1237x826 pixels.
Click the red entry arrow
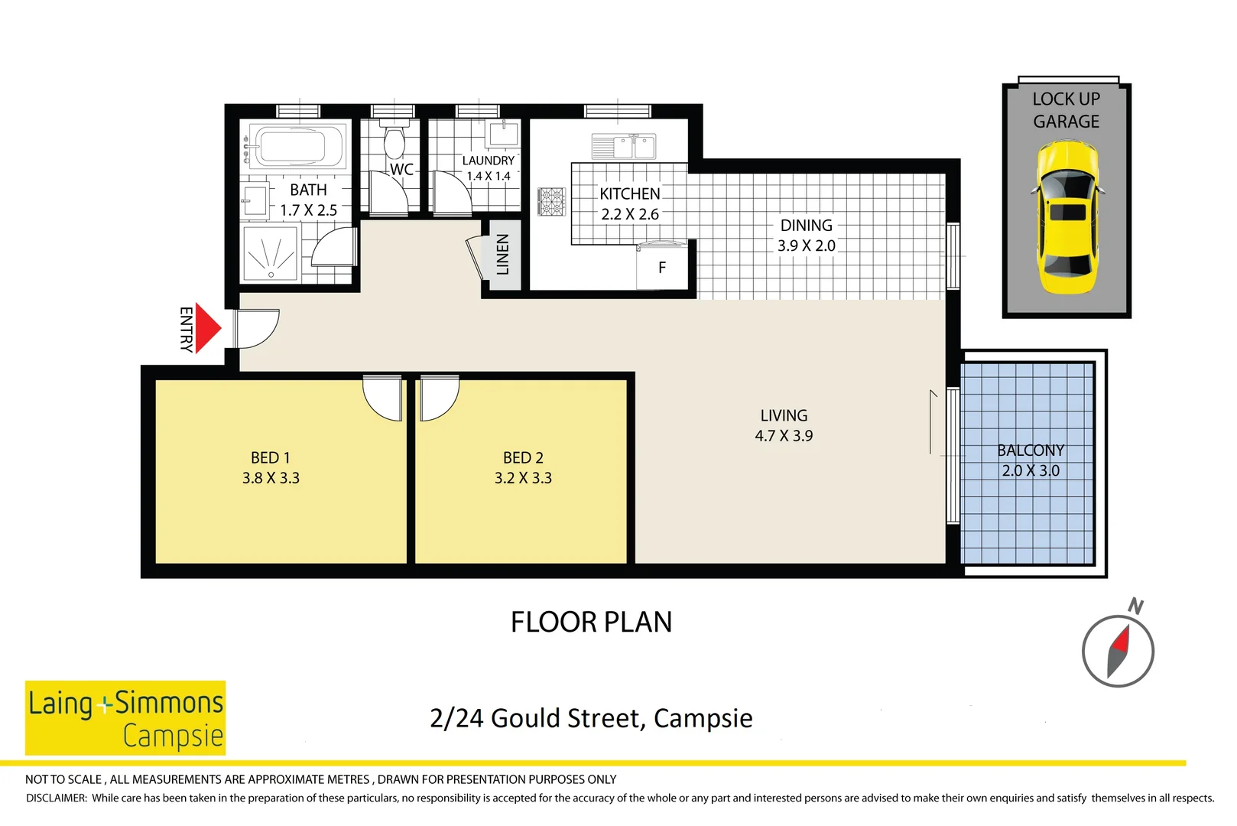tap(206, 328)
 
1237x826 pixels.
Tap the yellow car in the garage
tap(1067, 216)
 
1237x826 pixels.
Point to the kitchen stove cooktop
tap(551, 201)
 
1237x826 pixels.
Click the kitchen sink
tap(624, 146)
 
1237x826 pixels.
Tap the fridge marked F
tap(662, 268)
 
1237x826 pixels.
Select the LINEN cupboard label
tap(502, 255)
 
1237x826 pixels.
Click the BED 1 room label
tap(271, 457)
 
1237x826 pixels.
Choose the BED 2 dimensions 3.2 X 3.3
tap(523, 478)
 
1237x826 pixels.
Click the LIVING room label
tap(784, 415)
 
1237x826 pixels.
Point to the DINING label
tap(806, 226)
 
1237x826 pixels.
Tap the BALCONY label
tap(1030, 450)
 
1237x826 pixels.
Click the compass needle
tap(1118, 651)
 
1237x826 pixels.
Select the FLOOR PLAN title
tap(591, 622)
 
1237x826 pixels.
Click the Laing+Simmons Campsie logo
tap(125, 717)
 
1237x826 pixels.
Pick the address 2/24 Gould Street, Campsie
tap(591, 718)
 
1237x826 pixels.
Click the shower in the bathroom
tap(270, 253)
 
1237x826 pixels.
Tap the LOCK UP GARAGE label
tap(1066, 110)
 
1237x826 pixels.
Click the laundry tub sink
tap(503, 134)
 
